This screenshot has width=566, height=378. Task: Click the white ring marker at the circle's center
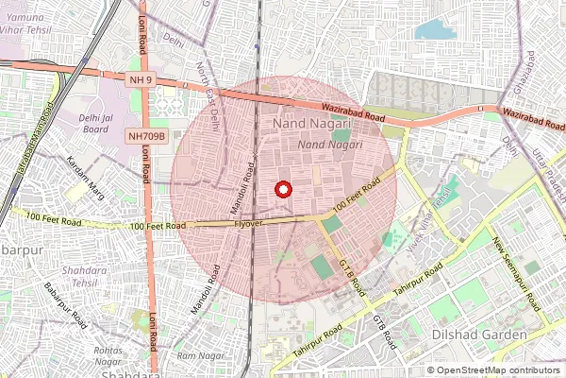(281, 189)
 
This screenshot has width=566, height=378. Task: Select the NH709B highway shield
(147, 137)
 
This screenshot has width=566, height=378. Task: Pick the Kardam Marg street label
(87, 172)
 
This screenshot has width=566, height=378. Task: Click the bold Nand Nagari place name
(311, 124)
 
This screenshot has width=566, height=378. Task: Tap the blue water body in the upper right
(435, 29)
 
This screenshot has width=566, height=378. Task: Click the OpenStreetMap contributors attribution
(493, 370)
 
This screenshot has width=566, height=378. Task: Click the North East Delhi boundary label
(209, 94)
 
